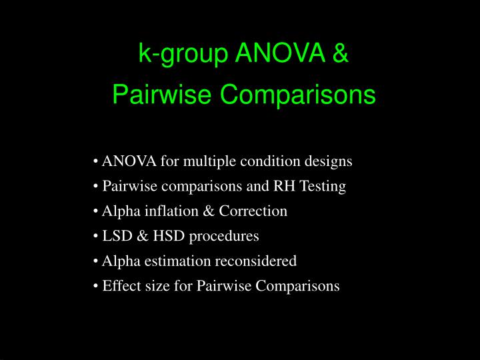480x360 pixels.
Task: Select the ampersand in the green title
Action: (339, 53)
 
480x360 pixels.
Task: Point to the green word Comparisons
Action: (298, 95)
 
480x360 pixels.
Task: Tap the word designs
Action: (329, 161)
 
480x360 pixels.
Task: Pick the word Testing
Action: (323, 187)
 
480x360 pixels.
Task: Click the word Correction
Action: (257, 211)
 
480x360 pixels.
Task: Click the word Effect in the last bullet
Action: (119, 286)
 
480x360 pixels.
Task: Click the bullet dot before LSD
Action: (97, 237)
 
